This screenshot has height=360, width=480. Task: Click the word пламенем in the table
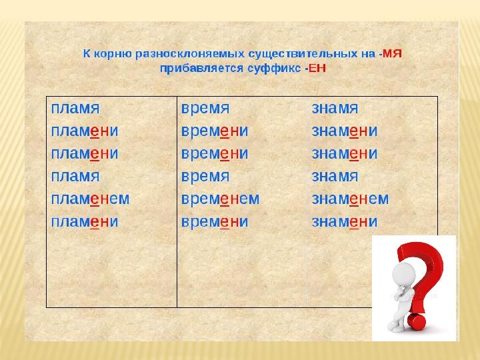pos(90,199)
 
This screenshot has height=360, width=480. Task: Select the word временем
pos(221,199)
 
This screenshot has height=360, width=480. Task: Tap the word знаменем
pos(350,199)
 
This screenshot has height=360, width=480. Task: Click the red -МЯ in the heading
pos(390,54)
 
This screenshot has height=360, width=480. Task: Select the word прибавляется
pos(202,69)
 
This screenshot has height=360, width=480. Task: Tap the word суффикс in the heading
pos(274,69)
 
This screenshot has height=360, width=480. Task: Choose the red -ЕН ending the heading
pos(315,68)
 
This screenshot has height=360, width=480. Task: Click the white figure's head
pos(403,274)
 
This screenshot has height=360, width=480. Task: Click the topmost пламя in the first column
pos(75,109)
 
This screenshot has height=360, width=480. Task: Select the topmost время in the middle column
pos(205,109)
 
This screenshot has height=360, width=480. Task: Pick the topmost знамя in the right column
pos(335,109)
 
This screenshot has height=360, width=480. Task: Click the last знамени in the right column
pos(345,221)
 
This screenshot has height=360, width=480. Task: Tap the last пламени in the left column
pos(85,221)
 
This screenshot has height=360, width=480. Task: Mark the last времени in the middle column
pos(215,221)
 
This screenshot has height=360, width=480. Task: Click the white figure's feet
pos(397,327)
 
